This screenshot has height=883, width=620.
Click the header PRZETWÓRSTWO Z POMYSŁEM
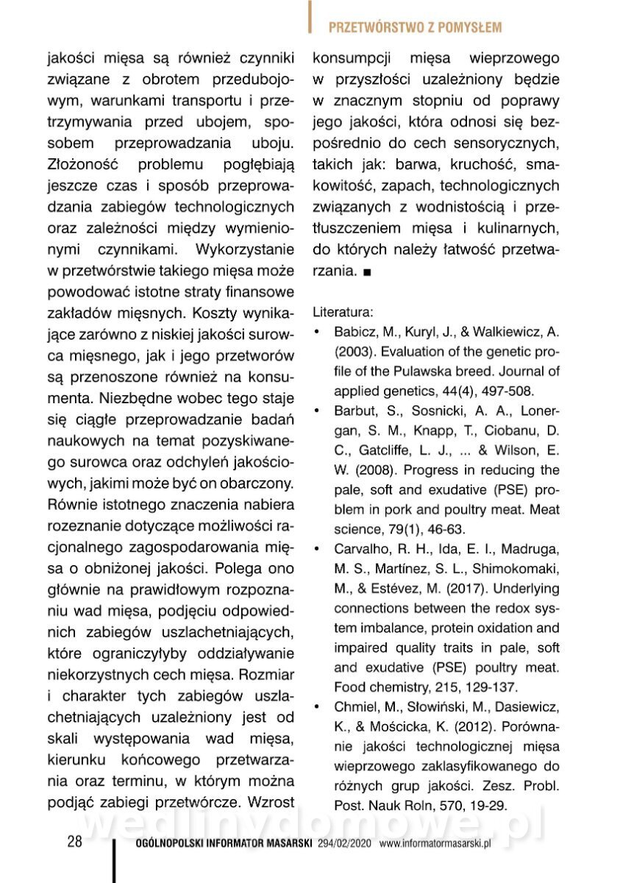[x=415, y=28]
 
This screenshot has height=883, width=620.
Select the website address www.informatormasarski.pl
[x=435, y=844]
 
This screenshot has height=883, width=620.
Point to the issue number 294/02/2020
[x=346, y=844]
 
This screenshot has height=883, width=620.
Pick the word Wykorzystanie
[x=244, y=249]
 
